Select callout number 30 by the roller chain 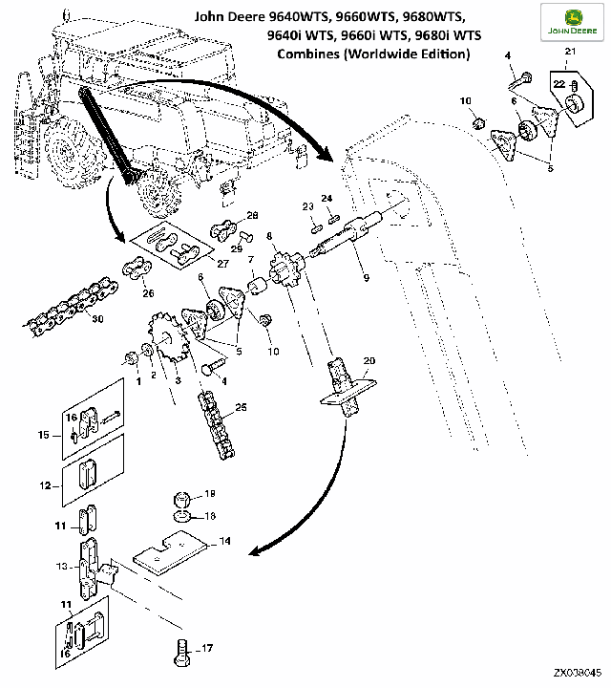pyautogui.click(x=97, y=320)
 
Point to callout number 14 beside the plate pyautogui.click(x=224, y=541)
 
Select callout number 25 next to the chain pyautogui.click(x=241, y=408)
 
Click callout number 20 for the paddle pyautogui.click(x=369, y=361)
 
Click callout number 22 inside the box pyautogui.click(x=559, y=85)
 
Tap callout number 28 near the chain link pyautogui.click(x=253, y=215)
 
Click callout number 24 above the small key pyautogui.click(x=327, y=198)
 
